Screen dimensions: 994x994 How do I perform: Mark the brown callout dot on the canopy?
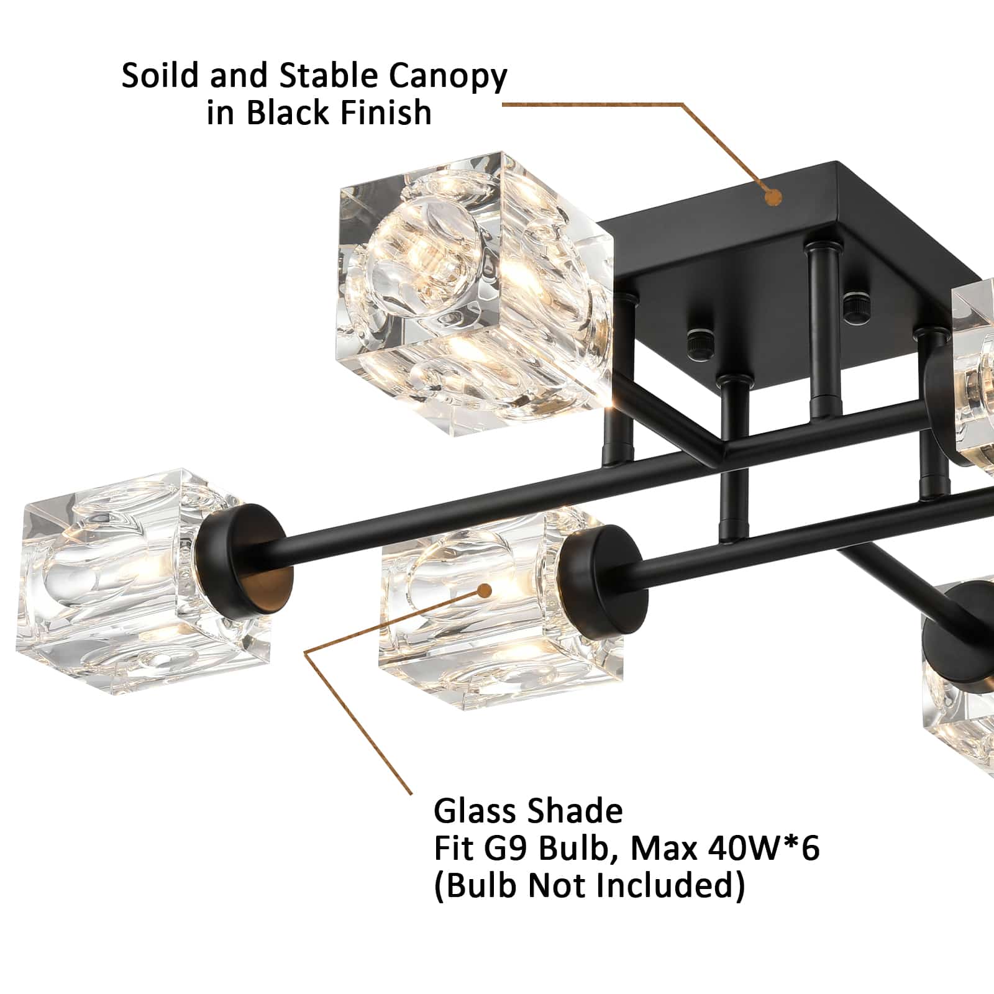click(x=773, y=198)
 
